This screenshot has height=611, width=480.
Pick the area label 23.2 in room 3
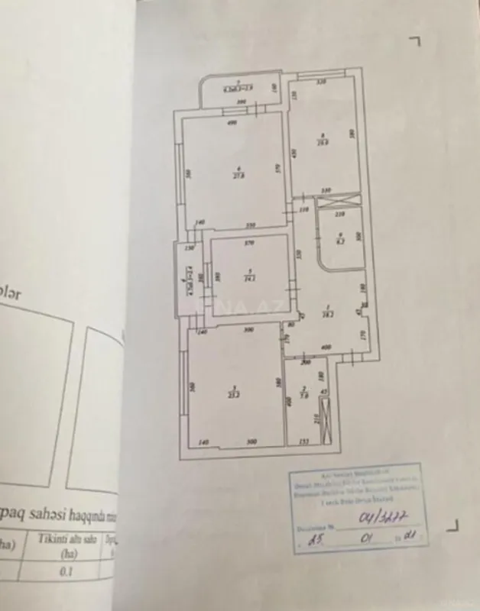[x=234, y=395]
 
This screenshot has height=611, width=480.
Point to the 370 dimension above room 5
[x=249, y=244]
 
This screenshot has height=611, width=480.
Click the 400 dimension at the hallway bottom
[x=326, y=348]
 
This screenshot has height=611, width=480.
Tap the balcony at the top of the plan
[x=238, y=91]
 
